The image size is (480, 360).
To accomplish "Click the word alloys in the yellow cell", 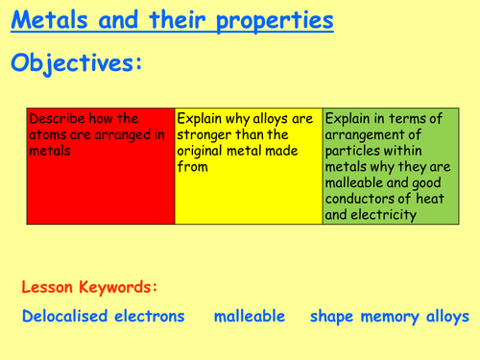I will (x=273, y=119).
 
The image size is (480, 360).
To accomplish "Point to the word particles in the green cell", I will (x=355, y=150).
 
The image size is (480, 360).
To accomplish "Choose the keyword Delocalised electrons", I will (x=103, y=316).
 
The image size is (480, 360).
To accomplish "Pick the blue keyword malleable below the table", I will (x=246, y=316).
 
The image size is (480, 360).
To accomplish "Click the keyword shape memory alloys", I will (x=390, y=316).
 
